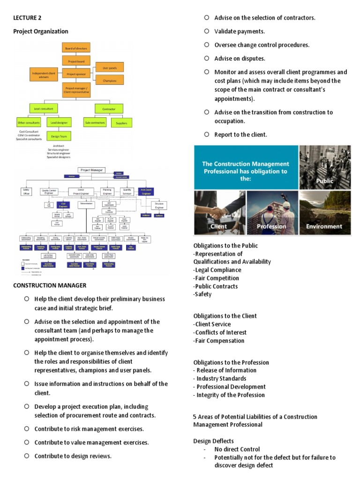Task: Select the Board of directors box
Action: point(76,48)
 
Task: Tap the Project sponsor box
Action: point(76,74)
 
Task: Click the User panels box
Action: point(110,67)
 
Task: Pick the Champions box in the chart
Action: point(110,80)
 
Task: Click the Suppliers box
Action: point(121,123)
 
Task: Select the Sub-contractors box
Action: point(95,122)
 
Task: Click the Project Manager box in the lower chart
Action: point(92,170)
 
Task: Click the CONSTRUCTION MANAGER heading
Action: point(50,285)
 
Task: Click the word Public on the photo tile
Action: point(324,181)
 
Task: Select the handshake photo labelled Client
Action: point(219,212)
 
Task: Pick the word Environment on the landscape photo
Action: point(324,226)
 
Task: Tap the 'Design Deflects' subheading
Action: point(213,441)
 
